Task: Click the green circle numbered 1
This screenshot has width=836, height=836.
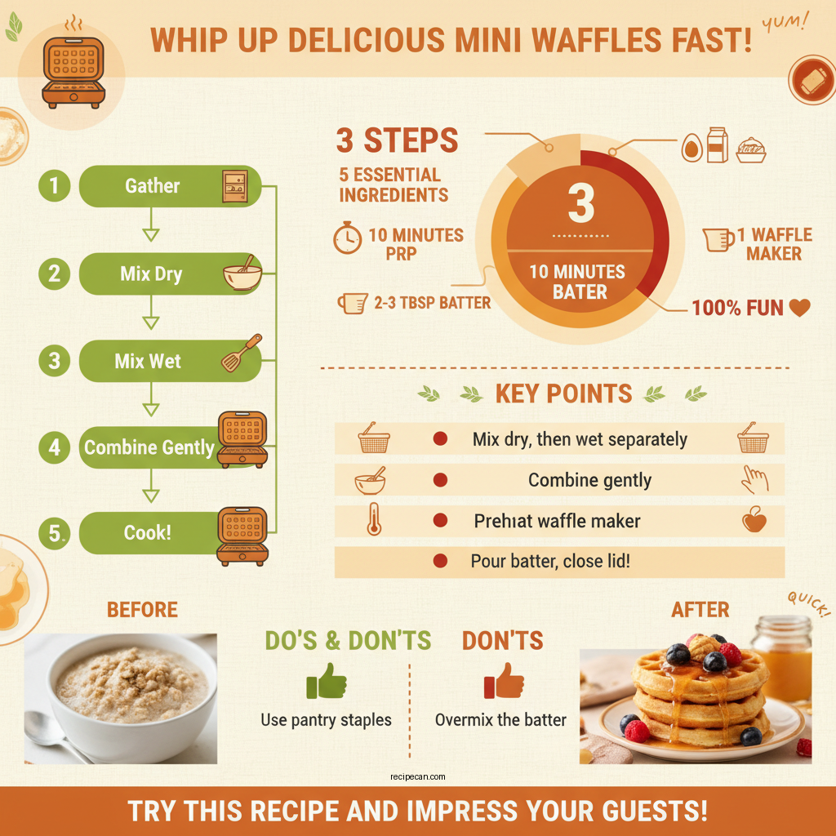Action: pyautogui.click(x=54, y=186)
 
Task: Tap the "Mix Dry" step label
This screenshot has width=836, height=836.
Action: pyautogui.click(x=151, y=273)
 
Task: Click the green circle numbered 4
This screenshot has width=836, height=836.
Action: pyautogui.click(x=54, y=447)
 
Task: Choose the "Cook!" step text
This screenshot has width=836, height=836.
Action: pyautogui.click(x=147, y=532)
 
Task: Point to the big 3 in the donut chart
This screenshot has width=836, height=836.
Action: pyautogui.click(x=580, y=204)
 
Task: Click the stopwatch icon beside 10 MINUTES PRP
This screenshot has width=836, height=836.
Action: pyautogui.click(x=347, y=237)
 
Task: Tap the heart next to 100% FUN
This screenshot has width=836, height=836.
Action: pyautogui.click(x=800, y=308)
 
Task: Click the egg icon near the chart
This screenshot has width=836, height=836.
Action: pyautogui.click(x=691, y=148)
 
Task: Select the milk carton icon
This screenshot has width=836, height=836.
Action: pyautogui.click(x=718, y=146)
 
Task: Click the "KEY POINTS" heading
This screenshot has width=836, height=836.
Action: pyautogui.click(x=563, y=394)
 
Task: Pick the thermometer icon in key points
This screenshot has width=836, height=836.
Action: pyautogui.click(x=373, y=520)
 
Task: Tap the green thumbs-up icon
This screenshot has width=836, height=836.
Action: pyautogui.click(x=325, y=681)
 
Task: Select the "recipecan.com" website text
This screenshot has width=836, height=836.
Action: pyautogui.click(x=418, y=777)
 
